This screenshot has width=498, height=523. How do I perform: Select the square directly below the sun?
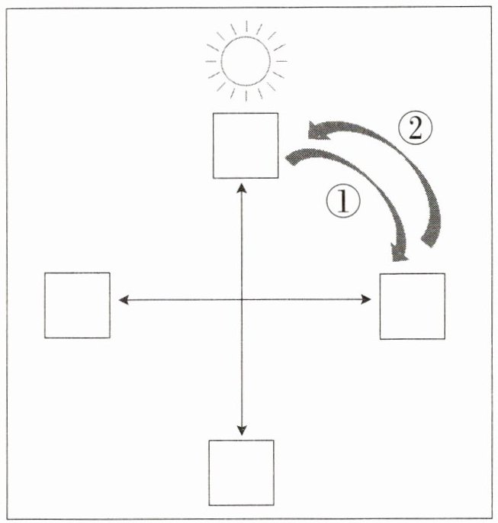click(x=245, y=145)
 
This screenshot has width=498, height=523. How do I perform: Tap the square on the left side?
click(x=77, y=305)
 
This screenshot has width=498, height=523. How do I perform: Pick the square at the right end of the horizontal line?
click(x=412, y=305)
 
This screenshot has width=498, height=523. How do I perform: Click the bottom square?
click(x=242, y=473)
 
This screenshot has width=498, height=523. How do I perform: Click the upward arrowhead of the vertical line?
click(x=243, y=186)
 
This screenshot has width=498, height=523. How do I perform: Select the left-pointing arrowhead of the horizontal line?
click(x=123, y=301)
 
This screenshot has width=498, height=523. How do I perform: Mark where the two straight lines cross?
click(x=242, y=301)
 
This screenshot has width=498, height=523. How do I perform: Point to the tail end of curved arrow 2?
click(x=432, y=244)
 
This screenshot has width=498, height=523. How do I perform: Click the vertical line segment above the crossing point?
click(x=243, y=244)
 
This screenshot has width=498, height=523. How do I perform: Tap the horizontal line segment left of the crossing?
click(x=183, y=301)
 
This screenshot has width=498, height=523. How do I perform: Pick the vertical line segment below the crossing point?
click(x=242, y=366)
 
